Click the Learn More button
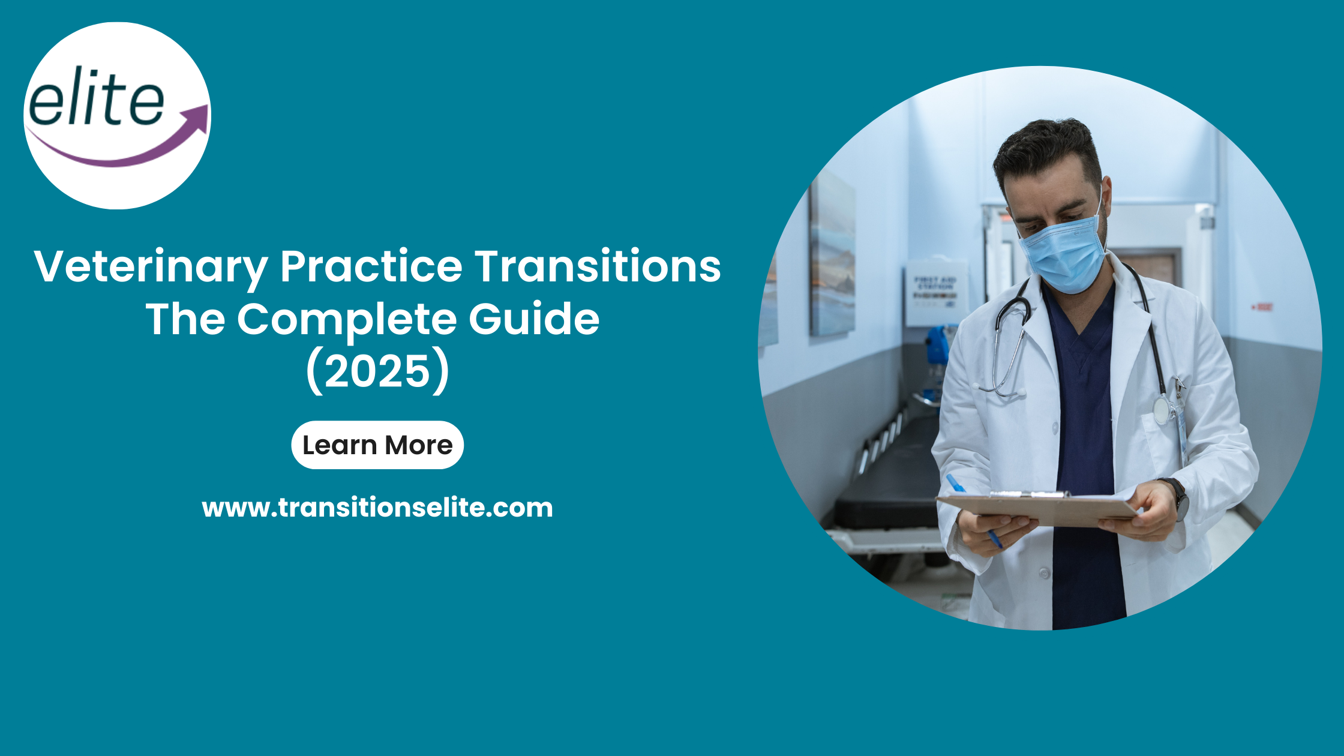coord(377,445)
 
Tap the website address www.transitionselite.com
coord(377,508)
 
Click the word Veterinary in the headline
coord(151,267)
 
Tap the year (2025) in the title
coord(377,372)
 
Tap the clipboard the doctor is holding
coord(1038,509)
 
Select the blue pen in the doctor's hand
coord(973,510)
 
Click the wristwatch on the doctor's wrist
coord(1177,498)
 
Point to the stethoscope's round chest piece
coord(1163,410)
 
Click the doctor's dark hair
coord(1047,150)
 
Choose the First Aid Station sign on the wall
coord(935,292)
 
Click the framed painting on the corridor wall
coord(832,256)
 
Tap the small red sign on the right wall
coord(1262,307)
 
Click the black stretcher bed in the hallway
coord(888,480)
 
